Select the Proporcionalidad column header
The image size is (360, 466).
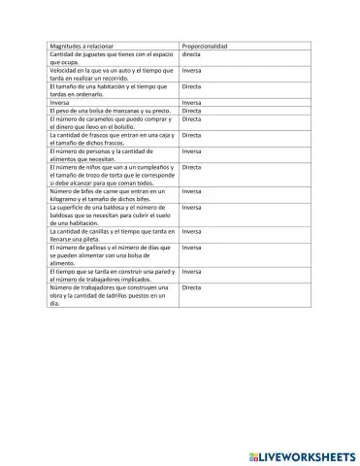(205, 46)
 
